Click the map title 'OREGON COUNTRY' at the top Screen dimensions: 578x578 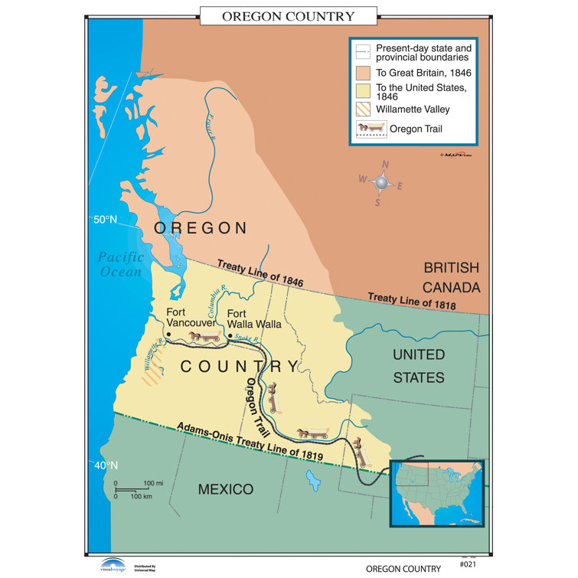tap(289, 16)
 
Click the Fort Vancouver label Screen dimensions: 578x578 tap(191, 318)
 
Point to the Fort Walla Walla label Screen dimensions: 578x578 tap(254, 318)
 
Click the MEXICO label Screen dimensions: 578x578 tap(226, 489)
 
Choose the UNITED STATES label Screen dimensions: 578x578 tap(418, 365)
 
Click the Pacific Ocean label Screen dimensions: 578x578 tap(119, 265)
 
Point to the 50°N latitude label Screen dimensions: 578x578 tap(104, 220)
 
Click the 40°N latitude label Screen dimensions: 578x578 tap(104, 465)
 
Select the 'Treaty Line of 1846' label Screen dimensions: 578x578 tap(260, 273)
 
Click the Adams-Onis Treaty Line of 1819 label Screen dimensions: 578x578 tap(249, 442)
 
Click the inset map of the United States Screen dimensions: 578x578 tap(437, 492)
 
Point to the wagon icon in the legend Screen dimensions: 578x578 tap(371, 129)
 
